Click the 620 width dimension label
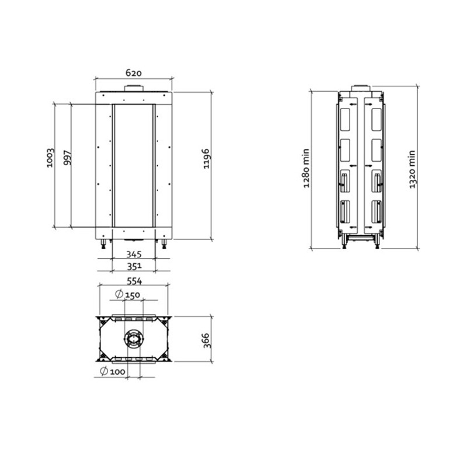pos(134,72)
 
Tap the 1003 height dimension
pos(51,158)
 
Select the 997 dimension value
pos(68,158)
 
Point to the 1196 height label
pos(207,159)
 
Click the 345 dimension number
pos(134,255)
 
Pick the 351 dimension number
pos(134,267)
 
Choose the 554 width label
pos(134,281)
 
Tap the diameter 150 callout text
pos(127,295)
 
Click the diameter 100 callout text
pos(113,371)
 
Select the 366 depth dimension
pos(207,341)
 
